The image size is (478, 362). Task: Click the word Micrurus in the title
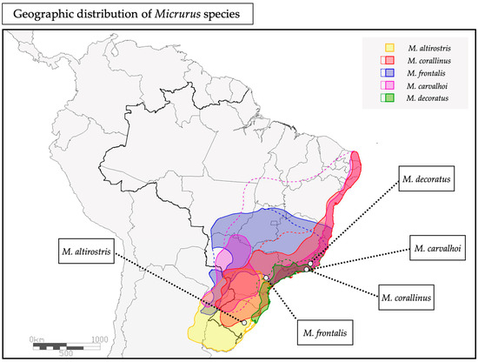186,13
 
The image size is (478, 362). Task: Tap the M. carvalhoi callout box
442,249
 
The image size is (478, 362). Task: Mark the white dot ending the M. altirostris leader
245,323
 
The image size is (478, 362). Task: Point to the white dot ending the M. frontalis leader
265,278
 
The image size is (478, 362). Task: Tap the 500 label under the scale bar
66,355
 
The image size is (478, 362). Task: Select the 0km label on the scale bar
37,339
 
